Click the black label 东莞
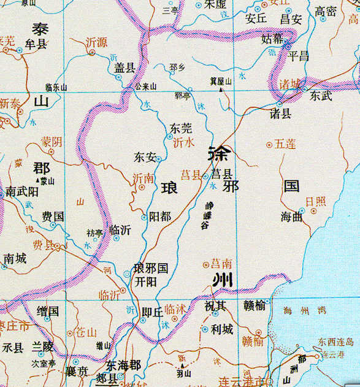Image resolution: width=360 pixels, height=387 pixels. pyautogui.click(x=181, y=129)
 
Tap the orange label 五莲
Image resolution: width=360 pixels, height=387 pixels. pyautogui.click(x=285, y=144)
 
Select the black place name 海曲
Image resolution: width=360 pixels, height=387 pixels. pyautogui.click(x=292, y=216)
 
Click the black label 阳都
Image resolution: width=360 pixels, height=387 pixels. pyautogui.click(x=160, y=216)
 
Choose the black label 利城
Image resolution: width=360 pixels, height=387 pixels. pyautogui.click(x=221, y=329)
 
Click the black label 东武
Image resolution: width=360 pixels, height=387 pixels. pyautogui.click(x=321, y=96)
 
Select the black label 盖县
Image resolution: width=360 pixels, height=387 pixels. pyautogui.click(x=124, y=69)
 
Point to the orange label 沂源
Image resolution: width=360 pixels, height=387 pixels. pyautogui.click(x=96, y=42)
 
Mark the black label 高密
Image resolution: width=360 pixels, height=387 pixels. pyautogui.click(x=326, y=11)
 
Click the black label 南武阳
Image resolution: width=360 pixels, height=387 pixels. pyautogui.click(x=22, y=192)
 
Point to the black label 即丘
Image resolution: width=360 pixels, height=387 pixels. pyautogui.click(x=152, y=312)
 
